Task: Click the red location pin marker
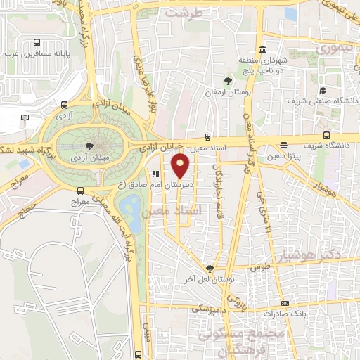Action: pos(181,166)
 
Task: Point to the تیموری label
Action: pos(333,49)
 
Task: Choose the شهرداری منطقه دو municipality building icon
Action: pos(262,49)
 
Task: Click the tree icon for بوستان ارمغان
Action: pos(226,79)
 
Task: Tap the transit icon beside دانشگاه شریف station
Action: pos(326,136)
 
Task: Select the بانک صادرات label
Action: pos(284,311)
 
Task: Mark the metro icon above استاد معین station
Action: pos(206,136)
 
